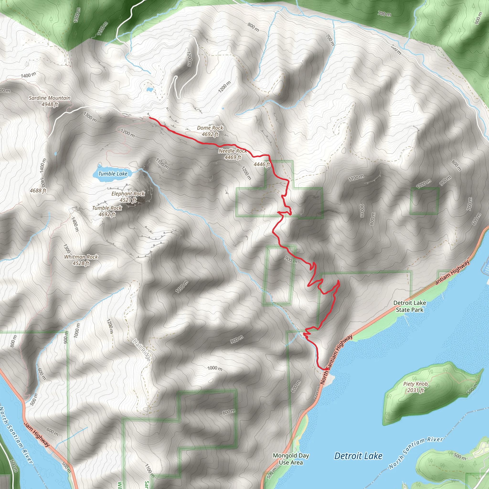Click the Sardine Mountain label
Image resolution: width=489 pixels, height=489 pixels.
pyautogui.click(x=50, y=98)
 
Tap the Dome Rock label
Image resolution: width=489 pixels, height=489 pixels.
pyautogui.click(x=210, y=128)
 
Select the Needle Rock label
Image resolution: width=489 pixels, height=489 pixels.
pyautogui.click(x=233, y=151)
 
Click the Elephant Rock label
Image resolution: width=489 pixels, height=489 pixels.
pyautogui.click(x=128, y=194)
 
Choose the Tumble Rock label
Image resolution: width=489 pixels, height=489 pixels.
pyautogui.click(x=107, y=208)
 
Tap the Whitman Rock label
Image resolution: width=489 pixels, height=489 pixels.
pyautogui.click(x=81, y=257)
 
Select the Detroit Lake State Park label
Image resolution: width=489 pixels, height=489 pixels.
pyautogui.click(x=409, y=306)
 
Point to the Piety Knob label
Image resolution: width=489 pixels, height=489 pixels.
pyautogui.click(x=416, y=384)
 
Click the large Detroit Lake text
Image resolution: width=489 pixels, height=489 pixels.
pyautogui.click(x=358, y=456)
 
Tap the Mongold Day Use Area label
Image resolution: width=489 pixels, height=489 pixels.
pyautogui.click(x=291, y=459)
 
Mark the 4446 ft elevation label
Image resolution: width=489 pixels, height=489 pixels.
pyautogui.click(x=262, y=165)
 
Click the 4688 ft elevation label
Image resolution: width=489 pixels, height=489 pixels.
pyautogui.click(x=38, y=191)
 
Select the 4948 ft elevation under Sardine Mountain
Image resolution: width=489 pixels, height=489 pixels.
pyautogui.click(x=50, y=104)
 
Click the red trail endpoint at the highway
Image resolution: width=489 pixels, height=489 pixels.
pyautogui.click(x=327, y=369)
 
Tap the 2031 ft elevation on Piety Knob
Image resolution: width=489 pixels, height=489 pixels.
pyautogui.click(x=415, y=390)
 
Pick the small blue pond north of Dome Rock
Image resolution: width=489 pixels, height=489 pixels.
pyautogui.click(x=149, y=89)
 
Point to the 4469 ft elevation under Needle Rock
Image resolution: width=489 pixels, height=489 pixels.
pyautogui.click(x=233, y=157)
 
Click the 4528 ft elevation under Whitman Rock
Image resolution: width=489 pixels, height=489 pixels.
pyautogui.click(x=81, y=263)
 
